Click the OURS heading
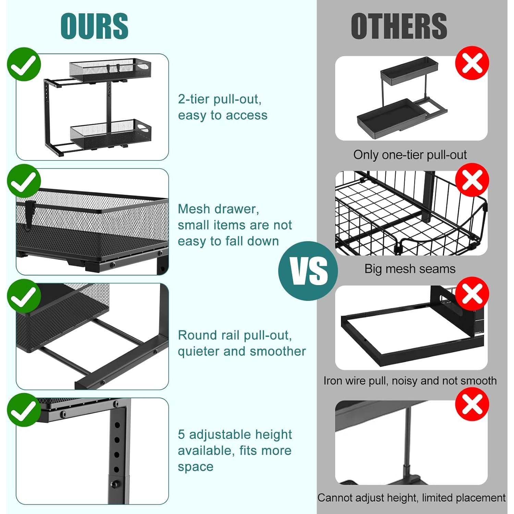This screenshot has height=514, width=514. point(94,26)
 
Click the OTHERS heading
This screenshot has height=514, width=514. point(399,26)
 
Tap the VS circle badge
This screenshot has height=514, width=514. point(308,271)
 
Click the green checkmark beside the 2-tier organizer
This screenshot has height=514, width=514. point(24,64)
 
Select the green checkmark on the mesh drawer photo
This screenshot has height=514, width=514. point(24,181)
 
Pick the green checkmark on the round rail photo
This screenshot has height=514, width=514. point(24,295)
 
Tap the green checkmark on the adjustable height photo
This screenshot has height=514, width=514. point(24,410)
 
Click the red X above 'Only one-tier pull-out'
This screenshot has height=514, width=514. point(472,63)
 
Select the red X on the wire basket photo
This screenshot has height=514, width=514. point(472,180)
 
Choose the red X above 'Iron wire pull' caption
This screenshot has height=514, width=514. point(472,294)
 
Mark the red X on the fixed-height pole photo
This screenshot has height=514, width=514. point(472,405)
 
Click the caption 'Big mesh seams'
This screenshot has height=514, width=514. point(410,269)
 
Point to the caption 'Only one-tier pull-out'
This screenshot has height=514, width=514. point(410,155)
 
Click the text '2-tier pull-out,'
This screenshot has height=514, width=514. point(220,99)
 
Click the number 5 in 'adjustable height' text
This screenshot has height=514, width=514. point(181,435)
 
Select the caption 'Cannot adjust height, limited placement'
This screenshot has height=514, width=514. point(411,498)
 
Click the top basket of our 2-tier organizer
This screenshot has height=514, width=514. point(110,70)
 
